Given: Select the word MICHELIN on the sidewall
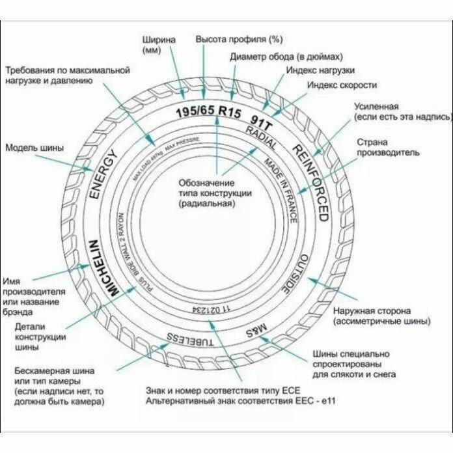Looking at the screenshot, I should tap(105, 266).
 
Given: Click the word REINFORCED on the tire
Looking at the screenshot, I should tap(310, 182).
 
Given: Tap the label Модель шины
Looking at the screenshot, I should tap(34, 148).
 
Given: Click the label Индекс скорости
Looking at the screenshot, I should tap(342, 85).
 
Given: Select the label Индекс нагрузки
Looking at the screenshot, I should tap(320, 69).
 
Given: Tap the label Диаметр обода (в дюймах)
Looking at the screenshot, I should tap(286, 56).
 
